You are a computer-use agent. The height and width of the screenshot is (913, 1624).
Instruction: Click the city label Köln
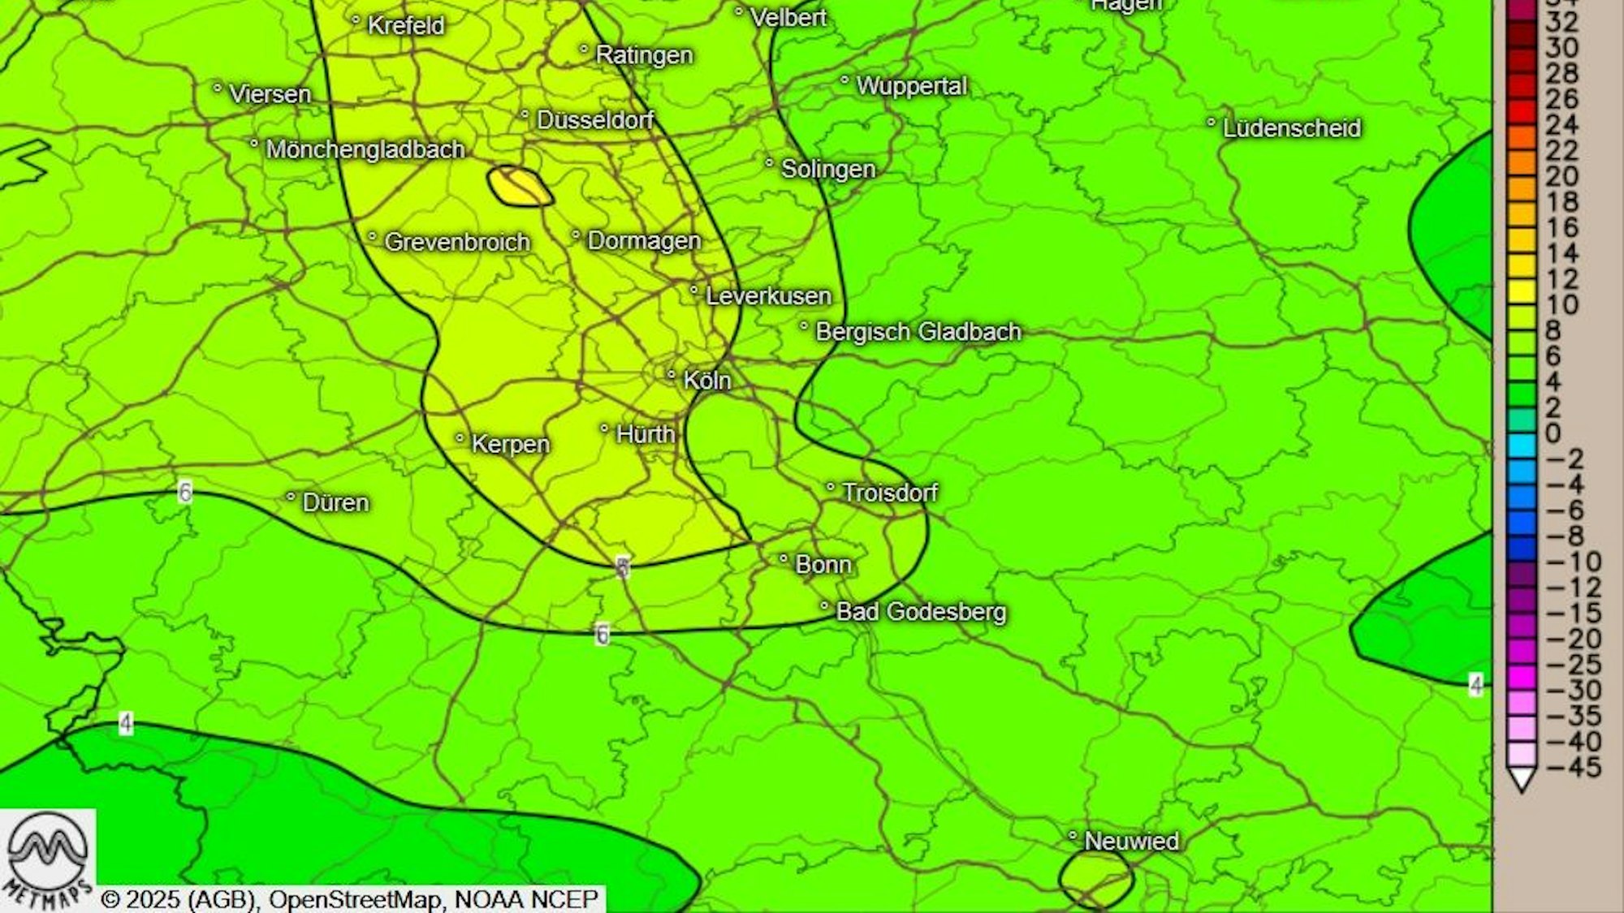(x=706, y=380)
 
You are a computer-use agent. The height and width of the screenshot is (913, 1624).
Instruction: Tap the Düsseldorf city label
(x=595, y=120)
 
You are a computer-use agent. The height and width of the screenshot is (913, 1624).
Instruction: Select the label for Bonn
(x=823, y=564)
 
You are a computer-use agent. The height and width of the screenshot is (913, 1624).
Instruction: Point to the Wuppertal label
(x=911, y=85)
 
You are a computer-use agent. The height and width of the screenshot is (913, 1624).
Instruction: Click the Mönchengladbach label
(x=365, y=149)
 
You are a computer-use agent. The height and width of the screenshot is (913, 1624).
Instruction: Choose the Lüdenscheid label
(x=1291, y=127)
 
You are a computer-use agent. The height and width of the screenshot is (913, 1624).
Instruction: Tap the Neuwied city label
(x=1131, y=841)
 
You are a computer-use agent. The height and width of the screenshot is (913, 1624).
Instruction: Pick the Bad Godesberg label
(x=921, y=611)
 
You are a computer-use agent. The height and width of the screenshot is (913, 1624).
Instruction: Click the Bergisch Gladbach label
(x=918, y=331)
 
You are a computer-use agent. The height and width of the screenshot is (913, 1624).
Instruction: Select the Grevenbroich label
(x=456, y=241)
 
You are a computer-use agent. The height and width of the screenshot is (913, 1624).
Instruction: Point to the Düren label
(x=335, y=502)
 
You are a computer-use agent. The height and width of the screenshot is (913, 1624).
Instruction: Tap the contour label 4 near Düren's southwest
(x=126, y=722)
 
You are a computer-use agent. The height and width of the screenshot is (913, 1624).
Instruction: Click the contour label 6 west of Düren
(x=185, y=492)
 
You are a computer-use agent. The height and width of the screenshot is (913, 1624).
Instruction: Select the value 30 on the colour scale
(x=1561, y=48)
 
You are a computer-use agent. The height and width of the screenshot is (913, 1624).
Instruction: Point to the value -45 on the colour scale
(x=1573, y=767)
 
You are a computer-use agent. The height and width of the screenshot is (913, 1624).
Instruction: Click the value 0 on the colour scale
(x=1553, y=433)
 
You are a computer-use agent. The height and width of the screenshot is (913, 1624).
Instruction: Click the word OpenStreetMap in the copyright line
(x=356, y=899)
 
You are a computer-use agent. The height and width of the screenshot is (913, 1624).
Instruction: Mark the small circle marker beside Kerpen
(x=460, y=439)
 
